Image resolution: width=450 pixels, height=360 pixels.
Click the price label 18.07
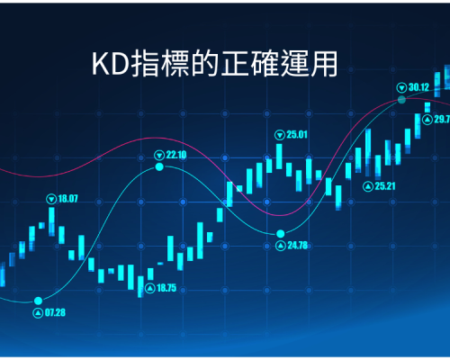(67, 199)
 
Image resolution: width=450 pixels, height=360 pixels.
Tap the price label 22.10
(176, 155)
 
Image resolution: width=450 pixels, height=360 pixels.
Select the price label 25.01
(297, 135)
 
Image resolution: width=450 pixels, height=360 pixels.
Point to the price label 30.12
(418, 87)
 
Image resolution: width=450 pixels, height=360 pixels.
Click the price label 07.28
(55, 313)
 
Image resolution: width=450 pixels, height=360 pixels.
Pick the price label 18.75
(166, 288)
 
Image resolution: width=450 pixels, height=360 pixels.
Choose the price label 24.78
(298, 246)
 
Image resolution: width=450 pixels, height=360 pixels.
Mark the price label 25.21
(385, 186)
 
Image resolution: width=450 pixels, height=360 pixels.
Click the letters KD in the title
(111, 64)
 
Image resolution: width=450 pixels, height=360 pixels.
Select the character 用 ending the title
(324, 64)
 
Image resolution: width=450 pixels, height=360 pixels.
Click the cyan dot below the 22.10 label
(159, 166)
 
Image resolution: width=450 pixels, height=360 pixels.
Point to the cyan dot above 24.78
(281, 233)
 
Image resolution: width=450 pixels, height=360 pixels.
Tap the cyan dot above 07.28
(38, 301)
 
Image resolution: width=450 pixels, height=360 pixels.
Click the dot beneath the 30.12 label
(401, 100)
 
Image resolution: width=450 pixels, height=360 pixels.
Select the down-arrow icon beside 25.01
(280, 135)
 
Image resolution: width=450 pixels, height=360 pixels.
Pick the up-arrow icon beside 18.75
(150, 289)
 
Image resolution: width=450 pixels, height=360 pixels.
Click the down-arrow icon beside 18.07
(51, 199)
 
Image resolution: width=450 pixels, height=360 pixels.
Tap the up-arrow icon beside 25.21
(368, 187)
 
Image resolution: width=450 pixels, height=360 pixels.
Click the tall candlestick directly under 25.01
(279, 157)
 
